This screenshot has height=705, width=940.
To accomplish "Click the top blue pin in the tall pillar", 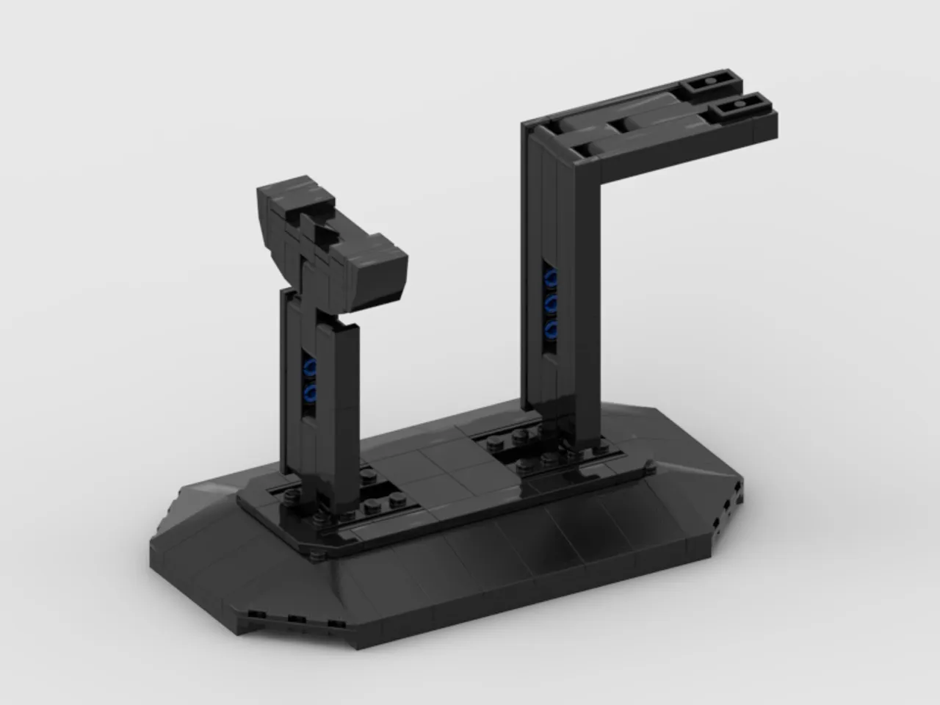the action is point(550,278).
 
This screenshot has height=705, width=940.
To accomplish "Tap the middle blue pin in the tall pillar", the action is point(550,303).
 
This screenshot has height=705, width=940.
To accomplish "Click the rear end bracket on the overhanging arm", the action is point(711,87).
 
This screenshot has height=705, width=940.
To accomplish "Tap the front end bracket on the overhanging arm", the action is point(737,110).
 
